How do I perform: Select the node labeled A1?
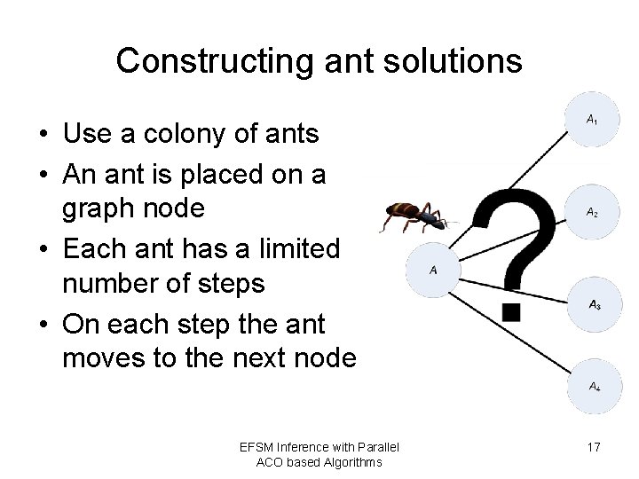(x=592, y=119)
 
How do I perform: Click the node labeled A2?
(x=592, y=212)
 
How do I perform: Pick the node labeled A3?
(x=594, y=305)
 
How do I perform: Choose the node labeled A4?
(x=593, y=387)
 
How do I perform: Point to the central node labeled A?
(x=433, y=269)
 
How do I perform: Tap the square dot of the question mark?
(x=511, y=311)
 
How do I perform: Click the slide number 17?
(x=594, y=447)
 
